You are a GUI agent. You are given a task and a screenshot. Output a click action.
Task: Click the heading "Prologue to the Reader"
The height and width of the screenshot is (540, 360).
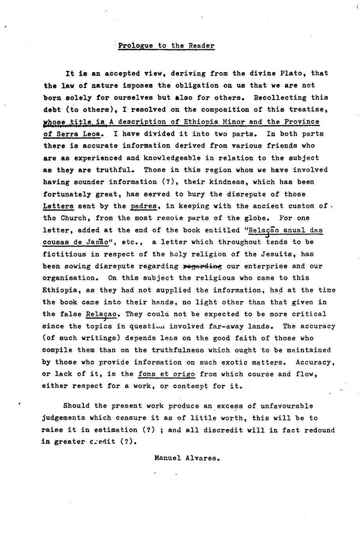[166, 46]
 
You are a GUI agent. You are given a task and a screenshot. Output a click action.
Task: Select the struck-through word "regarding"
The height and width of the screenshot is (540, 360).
[202, 266]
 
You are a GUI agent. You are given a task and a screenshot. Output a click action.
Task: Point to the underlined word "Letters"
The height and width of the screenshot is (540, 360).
[58, 206]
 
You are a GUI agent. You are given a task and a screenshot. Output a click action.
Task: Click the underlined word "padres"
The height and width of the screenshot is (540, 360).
[144, 206]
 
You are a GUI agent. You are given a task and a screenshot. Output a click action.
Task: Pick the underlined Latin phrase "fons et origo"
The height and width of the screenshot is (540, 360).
[167, 374]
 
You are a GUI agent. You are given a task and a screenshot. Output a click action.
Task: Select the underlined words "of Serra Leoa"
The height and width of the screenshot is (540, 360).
[73, 133]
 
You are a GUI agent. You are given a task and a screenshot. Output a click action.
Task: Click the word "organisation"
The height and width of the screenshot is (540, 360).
[69, 278]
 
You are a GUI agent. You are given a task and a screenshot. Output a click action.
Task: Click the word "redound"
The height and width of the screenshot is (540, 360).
[320, 430]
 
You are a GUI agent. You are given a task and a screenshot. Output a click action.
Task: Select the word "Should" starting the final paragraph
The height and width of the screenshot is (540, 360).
[76, 406]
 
